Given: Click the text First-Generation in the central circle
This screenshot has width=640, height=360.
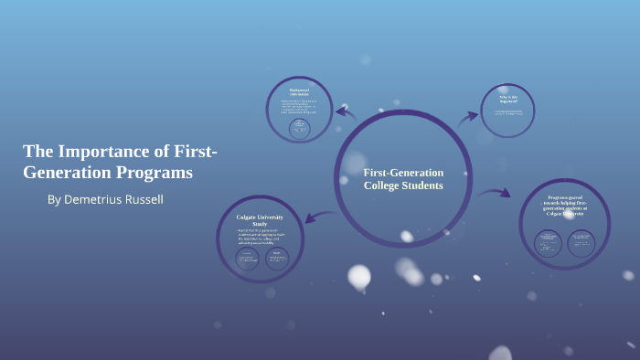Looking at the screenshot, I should point(403,173).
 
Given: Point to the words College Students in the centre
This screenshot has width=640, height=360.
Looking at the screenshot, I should point(403,185).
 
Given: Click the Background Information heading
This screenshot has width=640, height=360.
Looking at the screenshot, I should point(299,92).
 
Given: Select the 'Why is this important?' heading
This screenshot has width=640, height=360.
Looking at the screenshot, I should point(508,99).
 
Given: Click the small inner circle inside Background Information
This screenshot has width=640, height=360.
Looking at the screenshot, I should point(299,129).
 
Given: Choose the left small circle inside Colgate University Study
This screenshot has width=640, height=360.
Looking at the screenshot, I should point(248,259).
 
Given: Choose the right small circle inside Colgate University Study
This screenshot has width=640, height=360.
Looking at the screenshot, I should point(277,259).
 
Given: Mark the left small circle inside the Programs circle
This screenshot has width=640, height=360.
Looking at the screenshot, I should point(549,242).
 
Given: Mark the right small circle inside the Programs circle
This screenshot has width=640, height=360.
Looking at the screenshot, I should point(581,242).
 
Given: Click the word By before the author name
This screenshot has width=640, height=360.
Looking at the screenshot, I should point(54,199).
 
